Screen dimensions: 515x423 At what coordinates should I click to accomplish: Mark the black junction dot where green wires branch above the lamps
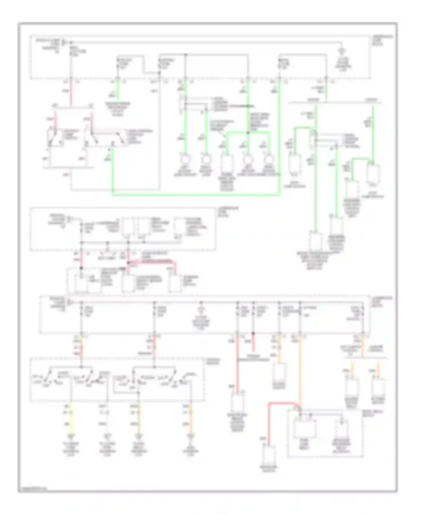point(248,132)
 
